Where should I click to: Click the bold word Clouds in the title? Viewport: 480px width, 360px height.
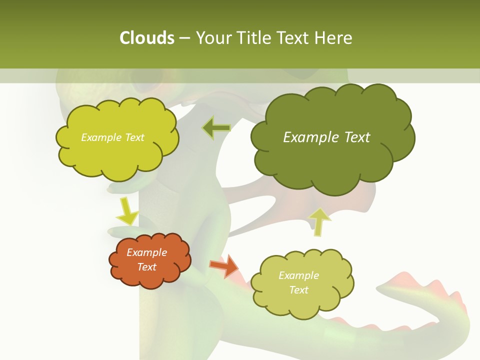click(x=146, y=38)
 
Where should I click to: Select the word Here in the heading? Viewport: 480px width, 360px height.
click(x=334, y=38)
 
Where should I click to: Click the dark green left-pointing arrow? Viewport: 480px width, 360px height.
click(x=216, y=128)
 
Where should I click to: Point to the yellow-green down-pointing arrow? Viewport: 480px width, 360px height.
click(x=127, y=211)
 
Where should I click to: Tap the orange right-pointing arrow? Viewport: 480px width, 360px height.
click(x=224, y=265)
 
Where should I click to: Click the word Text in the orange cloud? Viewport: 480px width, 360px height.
click(x=147, y=267)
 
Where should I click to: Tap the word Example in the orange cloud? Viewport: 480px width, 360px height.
click(x=147, y=252)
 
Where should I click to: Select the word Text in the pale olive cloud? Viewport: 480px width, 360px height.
click(x=298, y=290)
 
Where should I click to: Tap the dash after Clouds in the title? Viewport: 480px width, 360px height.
click(x=184, y=38)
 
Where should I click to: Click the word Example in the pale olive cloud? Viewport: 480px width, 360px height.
click(x=298, y=275)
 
